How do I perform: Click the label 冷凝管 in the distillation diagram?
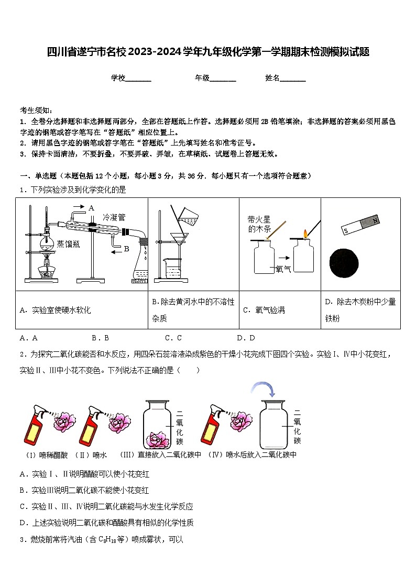(114, 217)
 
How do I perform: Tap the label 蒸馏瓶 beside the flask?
(68, 243)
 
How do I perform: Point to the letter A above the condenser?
(91, 208)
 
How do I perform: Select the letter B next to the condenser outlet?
(126, 250)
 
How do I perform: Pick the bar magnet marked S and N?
(360, 225)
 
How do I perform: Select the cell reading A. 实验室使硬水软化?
(55, 310)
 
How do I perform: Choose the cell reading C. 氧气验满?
(264, 310)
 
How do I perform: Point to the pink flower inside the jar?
(156, 439)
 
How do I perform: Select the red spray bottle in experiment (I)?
(34, 427)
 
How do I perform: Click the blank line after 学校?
(138, 79)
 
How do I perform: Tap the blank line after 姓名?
(293, 79)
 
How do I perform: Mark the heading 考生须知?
(36, 110)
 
